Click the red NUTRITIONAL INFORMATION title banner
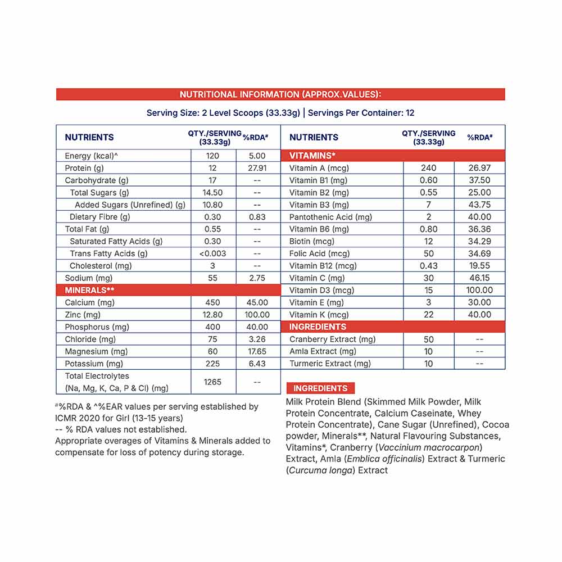click(280, 94)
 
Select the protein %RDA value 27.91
click(258, 168)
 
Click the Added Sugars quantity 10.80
click(212, 205)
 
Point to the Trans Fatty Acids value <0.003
click(212, 253)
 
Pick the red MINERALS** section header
click(90, 290)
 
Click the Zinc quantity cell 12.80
click(212, 315)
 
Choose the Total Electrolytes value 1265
click(212, 382)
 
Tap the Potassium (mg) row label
click(93, 364)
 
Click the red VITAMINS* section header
click(312, 156)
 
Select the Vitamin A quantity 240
click(428, 168)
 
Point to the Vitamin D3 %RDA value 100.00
click(479, 290)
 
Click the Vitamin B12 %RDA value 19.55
click(479, 266)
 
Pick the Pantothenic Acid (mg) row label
click(330, 217)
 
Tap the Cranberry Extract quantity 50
click(428, 339)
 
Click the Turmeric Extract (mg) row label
click(330, 364)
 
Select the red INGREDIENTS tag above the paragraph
click(320, 388)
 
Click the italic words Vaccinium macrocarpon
click(429, 447)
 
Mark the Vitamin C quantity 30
click(428, 278)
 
